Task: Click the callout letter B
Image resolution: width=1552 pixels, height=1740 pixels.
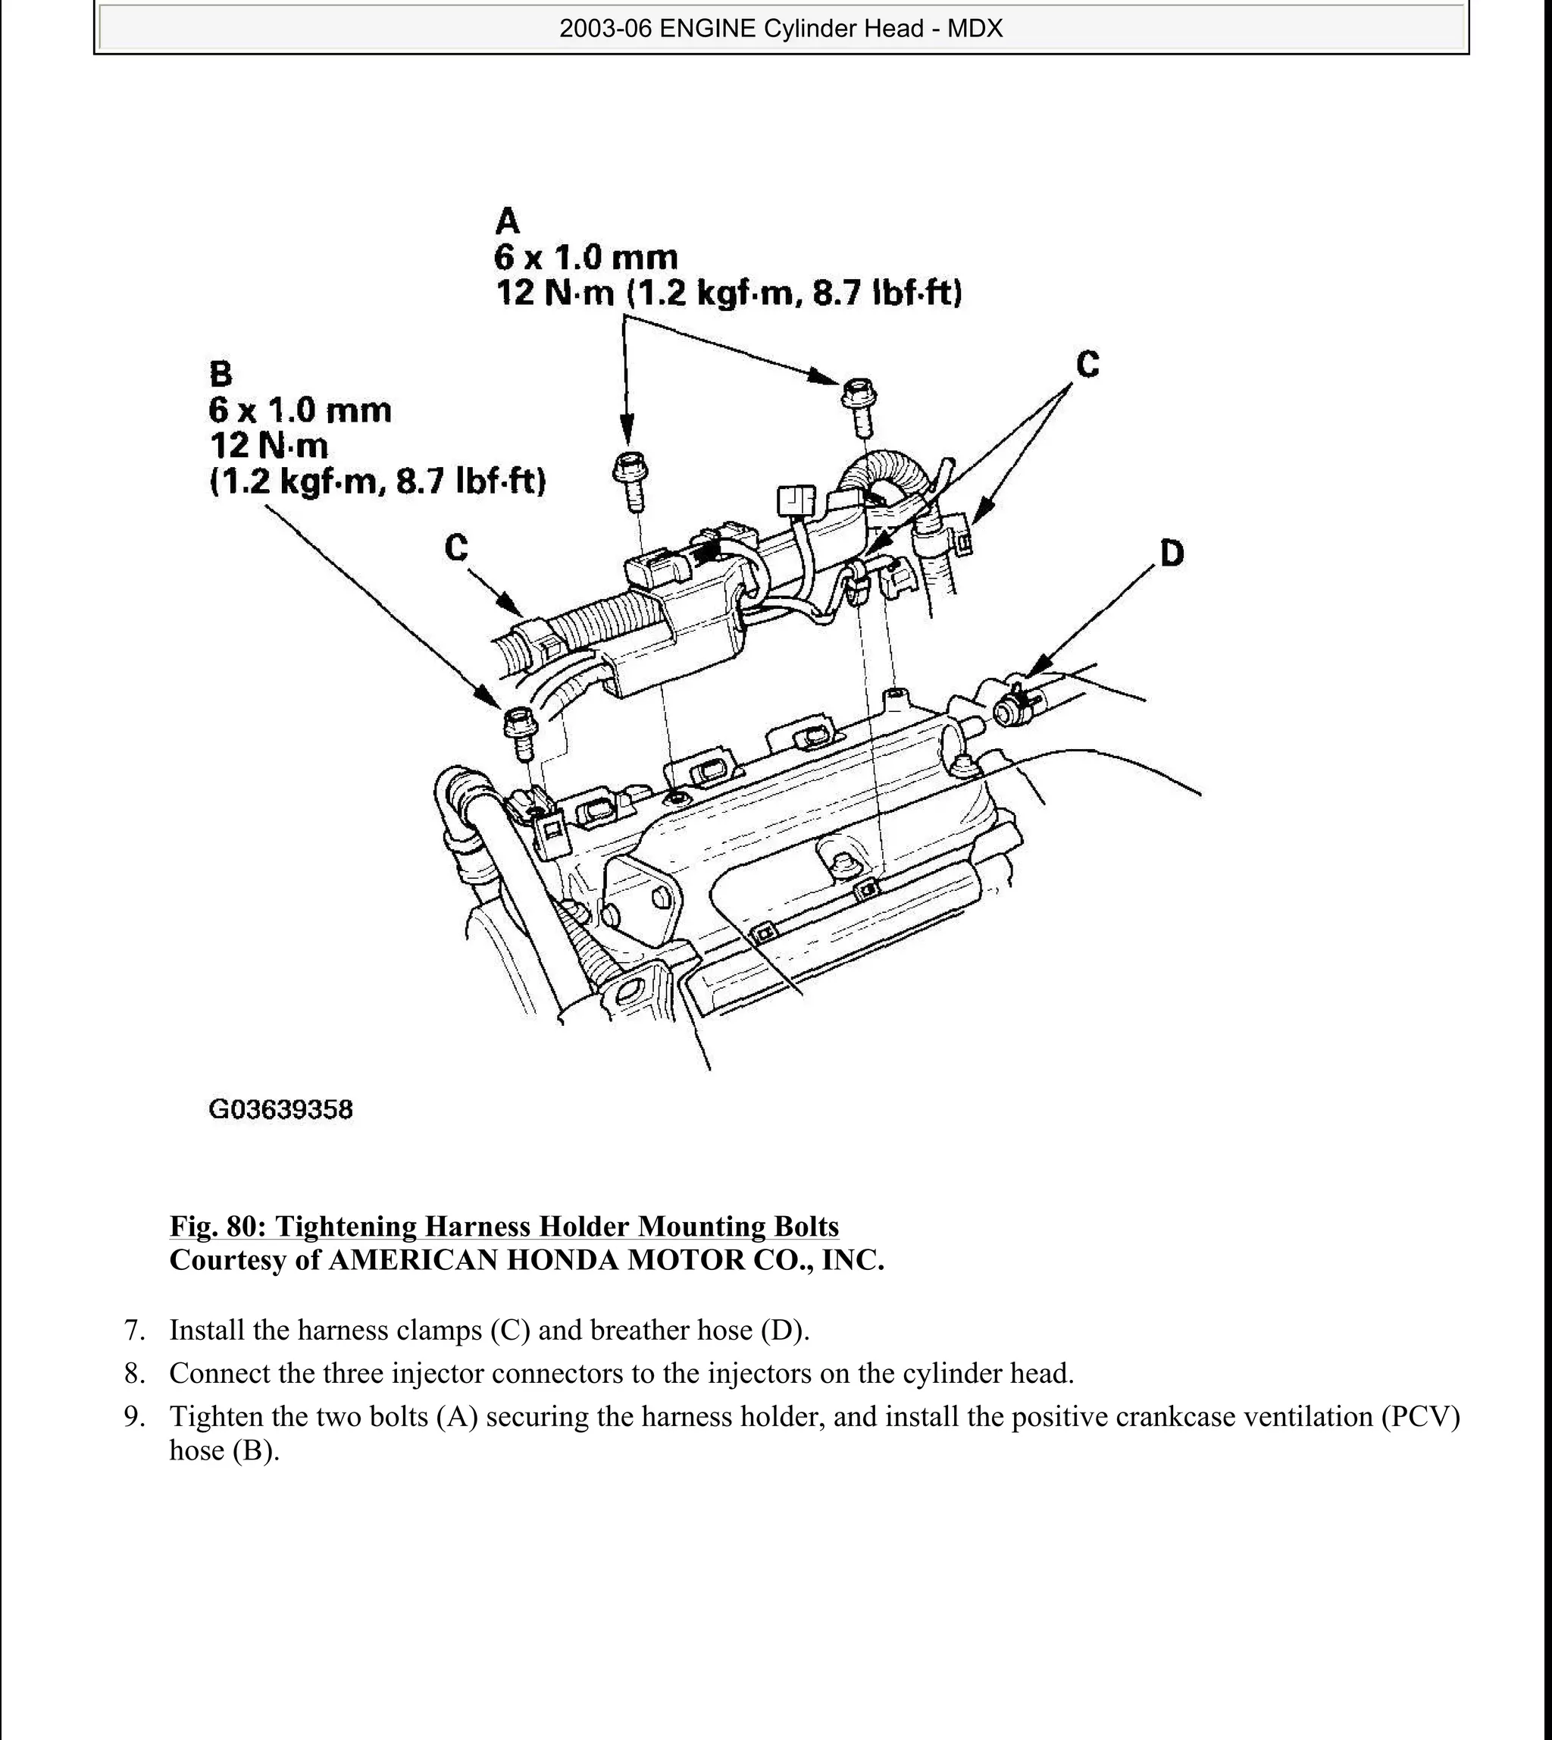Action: [x=220, y=374]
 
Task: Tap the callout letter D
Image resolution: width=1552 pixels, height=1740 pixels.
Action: [x=1172, y=553]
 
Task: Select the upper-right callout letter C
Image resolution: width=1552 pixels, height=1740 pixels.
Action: [x=1087, y=364]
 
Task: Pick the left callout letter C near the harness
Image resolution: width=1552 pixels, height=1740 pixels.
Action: [x=456, y=547]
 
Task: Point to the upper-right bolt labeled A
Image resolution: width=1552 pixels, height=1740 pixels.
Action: [x=859, y=405]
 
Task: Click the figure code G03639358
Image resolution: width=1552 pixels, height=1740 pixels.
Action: [x=280, y=1110]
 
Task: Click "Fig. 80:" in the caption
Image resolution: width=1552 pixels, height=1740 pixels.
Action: [x=217, y=1226]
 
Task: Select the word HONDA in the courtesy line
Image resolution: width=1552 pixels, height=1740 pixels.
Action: [x=562, y=1260]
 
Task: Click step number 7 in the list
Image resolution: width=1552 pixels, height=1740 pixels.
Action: [x=131, y=1330]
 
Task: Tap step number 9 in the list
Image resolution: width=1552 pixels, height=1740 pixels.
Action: [x=131, y=1417]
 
